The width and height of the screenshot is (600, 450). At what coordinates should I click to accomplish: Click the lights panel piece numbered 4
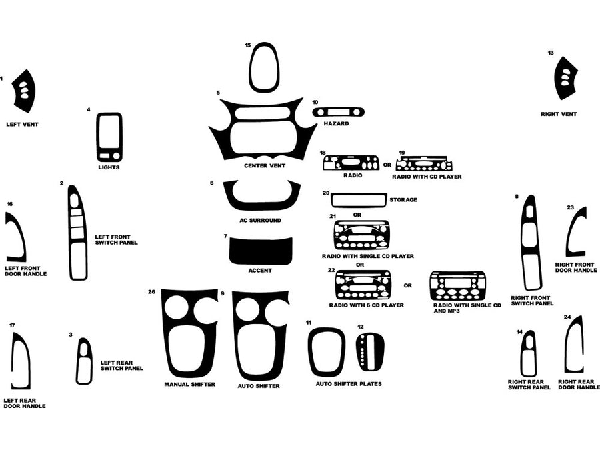(x=109, y=137)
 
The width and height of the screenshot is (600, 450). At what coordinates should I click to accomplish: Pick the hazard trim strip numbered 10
(x=339, y=111)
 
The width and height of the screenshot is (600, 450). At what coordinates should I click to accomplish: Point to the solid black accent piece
(x=261, y=251)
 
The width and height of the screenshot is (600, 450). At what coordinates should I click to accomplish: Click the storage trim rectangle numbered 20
(x=358, y=199)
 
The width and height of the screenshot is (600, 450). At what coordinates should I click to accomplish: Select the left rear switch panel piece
(x=84, y=361)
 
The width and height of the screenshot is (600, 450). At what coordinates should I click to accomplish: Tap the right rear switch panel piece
(x=528, y=353)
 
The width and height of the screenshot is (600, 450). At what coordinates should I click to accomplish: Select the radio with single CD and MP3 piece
(x=457, y=285)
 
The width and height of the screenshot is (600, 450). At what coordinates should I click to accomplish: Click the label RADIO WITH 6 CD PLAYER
(x=366, y=305)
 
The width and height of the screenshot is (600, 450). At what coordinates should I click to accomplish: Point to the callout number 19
(x=402, y=153)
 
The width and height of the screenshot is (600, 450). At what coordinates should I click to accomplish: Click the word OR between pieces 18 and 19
(x=387, y=164)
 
